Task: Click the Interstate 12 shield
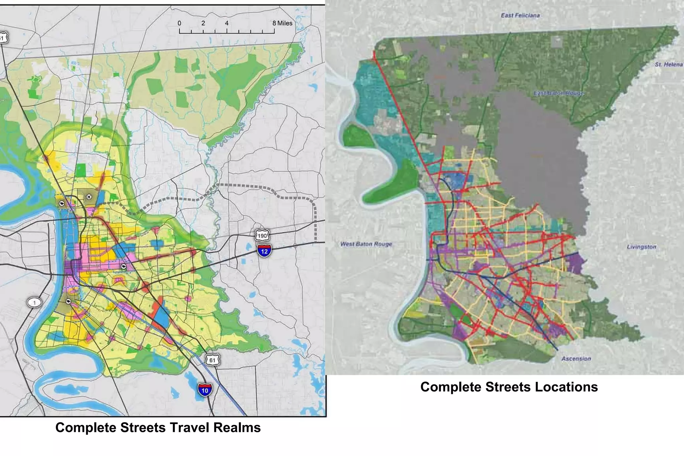click(264, 250)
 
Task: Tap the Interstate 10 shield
click(205, 390)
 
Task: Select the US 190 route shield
click(262, 236)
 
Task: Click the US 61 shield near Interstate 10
click(212, 360)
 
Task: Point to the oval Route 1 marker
click(34, 303)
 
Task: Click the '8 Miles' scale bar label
click(282, 23)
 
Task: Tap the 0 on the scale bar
click(179, 23)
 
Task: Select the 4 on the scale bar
click(227, 23)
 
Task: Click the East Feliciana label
click(520, 15)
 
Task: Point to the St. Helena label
click(668, 64)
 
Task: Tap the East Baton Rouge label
click(558, 93)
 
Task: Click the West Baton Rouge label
click(366, 244)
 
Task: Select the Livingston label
click(641, 247)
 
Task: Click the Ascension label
click(576, 359)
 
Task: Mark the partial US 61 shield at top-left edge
click(3, 38)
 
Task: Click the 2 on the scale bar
click(203, 23)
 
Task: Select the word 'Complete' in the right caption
click(451, 387)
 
